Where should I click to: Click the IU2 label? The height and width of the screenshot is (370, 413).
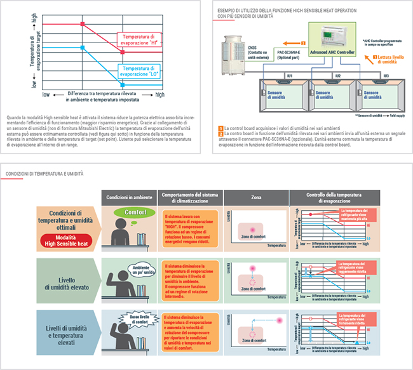337,76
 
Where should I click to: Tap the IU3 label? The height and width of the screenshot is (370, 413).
386,76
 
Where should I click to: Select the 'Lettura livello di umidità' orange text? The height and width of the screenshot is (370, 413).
388,60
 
